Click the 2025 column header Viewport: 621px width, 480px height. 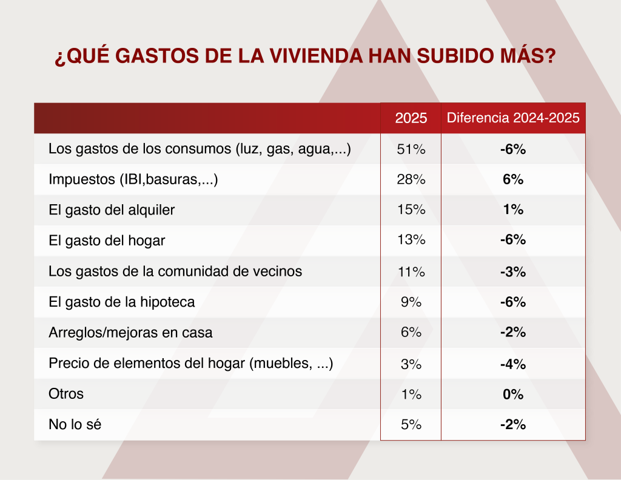[x=411, y=118]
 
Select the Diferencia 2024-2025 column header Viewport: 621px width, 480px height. [x=513, y=118]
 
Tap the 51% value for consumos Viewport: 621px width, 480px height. [x=411, y=149]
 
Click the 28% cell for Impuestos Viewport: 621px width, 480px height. [x=411, y=179]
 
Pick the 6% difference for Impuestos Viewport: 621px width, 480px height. [x=513, y=179]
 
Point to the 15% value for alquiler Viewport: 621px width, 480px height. [x=411, y=210]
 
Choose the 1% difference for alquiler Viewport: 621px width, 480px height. [x=513, y=210]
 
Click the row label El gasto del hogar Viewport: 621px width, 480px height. [x=107, y=241]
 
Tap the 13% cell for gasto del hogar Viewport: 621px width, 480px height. [x=411, y=240]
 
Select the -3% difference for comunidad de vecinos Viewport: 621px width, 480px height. [x=513, y=272]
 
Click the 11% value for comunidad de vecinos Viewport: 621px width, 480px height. [x=411, y=272]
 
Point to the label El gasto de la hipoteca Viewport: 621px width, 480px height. [x=121, y=302]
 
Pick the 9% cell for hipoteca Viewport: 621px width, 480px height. [x=411, y=302]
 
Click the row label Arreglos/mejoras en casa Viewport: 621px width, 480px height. [x=130, y=333]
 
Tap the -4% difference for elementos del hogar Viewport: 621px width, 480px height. [x=513, y=364]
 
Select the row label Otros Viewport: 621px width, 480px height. [x=66, y=394]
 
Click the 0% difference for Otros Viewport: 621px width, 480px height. [x=513, y=395]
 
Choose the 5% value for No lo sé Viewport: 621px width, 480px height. [x=411, y=425]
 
